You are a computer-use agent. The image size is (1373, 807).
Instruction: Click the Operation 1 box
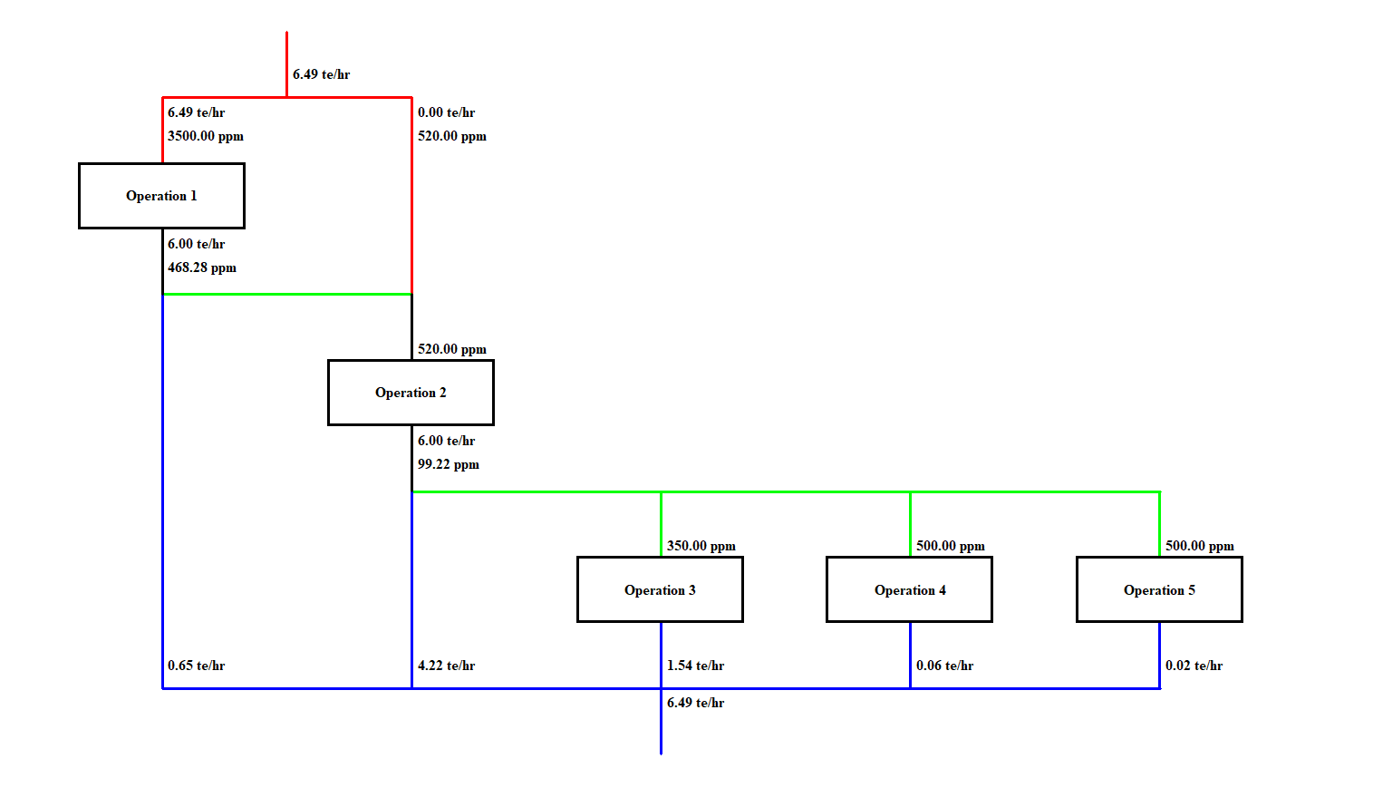tap(161, 196)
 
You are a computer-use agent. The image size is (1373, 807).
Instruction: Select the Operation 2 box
tap(411, 393)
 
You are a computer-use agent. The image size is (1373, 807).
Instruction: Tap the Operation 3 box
tap(660, 590)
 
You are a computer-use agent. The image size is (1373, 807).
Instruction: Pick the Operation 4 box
tap(909, 590)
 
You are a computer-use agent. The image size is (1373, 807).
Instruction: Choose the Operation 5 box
tap(1159, 590)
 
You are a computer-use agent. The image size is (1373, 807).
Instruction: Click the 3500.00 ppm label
tap(206, 136)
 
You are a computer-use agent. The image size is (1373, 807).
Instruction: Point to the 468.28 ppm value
tap(202, 267)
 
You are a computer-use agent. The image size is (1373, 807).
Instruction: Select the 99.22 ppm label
tap(449, 464)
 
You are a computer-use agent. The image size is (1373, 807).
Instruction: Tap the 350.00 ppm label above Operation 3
tap(701, 546)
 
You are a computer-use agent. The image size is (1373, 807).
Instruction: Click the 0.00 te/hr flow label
tap(446, 112)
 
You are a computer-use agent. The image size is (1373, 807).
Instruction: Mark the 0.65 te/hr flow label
tap(196, 666)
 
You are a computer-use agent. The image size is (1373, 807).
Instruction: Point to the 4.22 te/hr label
tap(446, 666)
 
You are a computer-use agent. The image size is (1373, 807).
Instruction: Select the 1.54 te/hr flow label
tap(695, 666)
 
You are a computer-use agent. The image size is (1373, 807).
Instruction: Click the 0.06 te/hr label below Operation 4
tap(944, 666)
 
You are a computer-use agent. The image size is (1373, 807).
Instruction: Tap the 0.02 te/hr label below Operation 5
tap(1194, 666)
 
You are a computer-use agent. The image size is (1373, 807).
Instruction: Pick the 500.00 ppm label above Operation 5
tap(1200, 546)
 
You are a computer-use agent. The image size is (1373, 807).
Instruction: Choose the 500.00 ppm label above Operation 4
tap(951, 546)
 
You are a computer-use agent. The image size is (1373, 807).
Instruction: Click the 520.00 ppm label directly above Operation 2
tap(452, 349)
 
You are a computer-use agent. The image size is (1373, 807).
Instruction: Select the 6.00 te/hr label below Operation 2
tap(446, 441)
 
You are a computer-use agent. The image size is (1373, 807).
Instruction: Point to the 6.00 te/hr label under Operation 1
tap(196, 244)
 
